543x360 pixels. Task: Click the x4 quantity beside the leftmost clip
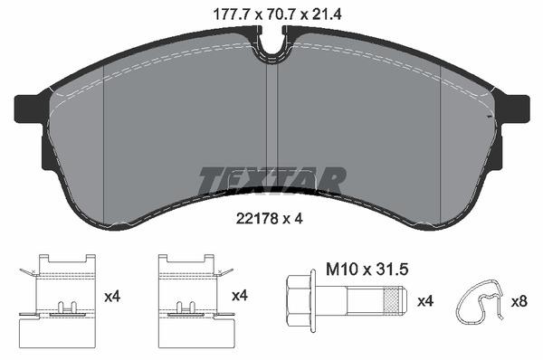pos(112,296)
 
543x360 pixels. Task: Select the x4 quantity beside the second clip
pos(239,296)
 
